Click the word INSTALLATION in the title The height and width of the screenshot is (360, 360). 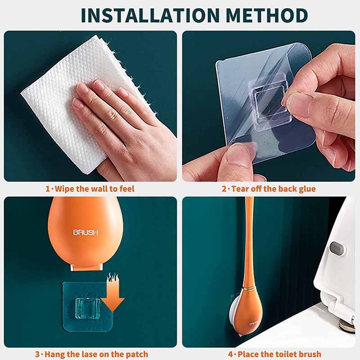pos(151,15)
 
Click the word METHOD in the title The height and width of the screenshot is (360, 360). pos(266,15)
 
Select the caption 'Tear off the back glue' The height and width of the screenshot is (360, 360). pos(273,189)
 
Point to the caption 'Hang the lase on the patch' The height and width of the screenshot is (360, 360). pos(96,354)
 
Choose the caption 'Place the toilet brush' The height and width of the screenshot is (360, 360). pos(279,354)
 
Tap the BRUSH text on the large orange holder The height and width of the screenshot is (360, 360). pos(85,232)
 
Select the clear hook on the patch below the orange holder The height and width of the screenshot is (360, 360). pos(88,308)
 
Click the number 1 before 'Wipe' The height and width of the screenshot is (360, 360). pos(48,189)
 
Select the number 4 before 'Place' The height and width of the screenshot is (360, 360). pos(231,354)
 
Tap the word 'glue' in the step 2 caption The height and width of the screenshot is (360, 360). pos(307,189)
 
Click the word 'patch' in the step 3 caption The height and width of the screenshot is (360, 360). pos(136,355)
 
